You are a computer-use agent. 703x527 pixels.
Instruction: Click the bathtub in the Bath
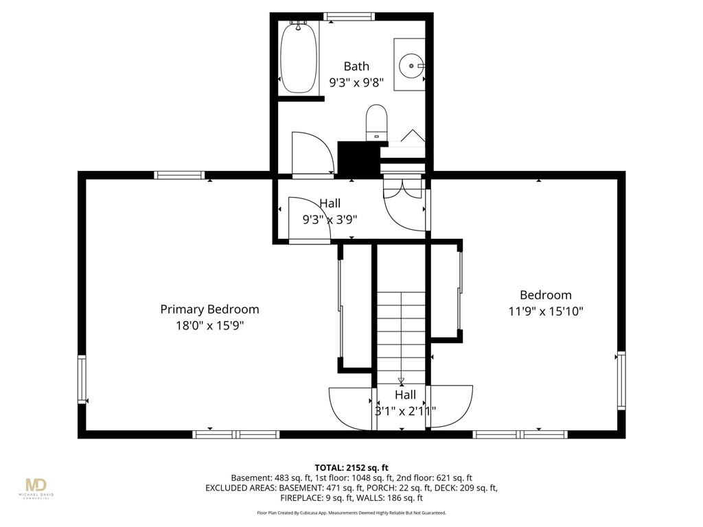299,58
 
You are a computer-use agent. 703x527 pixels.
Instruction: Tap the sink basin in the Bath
412,65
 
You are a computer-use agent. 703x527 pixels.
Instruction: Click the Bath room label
356,66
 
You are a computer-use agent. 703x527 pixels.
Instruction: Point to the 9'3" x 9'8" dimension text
356,83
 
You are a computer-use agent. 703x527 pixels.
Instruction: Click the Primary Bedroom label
209,309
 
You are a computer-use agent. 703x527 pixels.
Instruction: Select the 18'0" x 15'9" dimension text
209,326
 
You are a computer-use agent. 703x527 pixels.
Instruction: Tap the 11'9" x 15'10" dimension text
546,312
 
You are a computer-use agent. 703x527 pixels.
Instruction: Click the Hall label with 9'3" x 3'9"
330,203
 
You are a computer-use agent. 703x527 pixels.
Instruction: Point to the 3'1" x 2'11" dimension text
405,412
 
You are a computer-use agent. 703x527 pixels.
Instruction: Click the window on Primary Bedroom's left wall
82,379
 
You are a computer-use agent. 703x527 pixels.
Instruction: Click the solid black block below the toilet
359,159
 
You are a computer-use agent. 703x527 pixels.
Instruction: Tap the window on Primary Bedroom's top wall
179,175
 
